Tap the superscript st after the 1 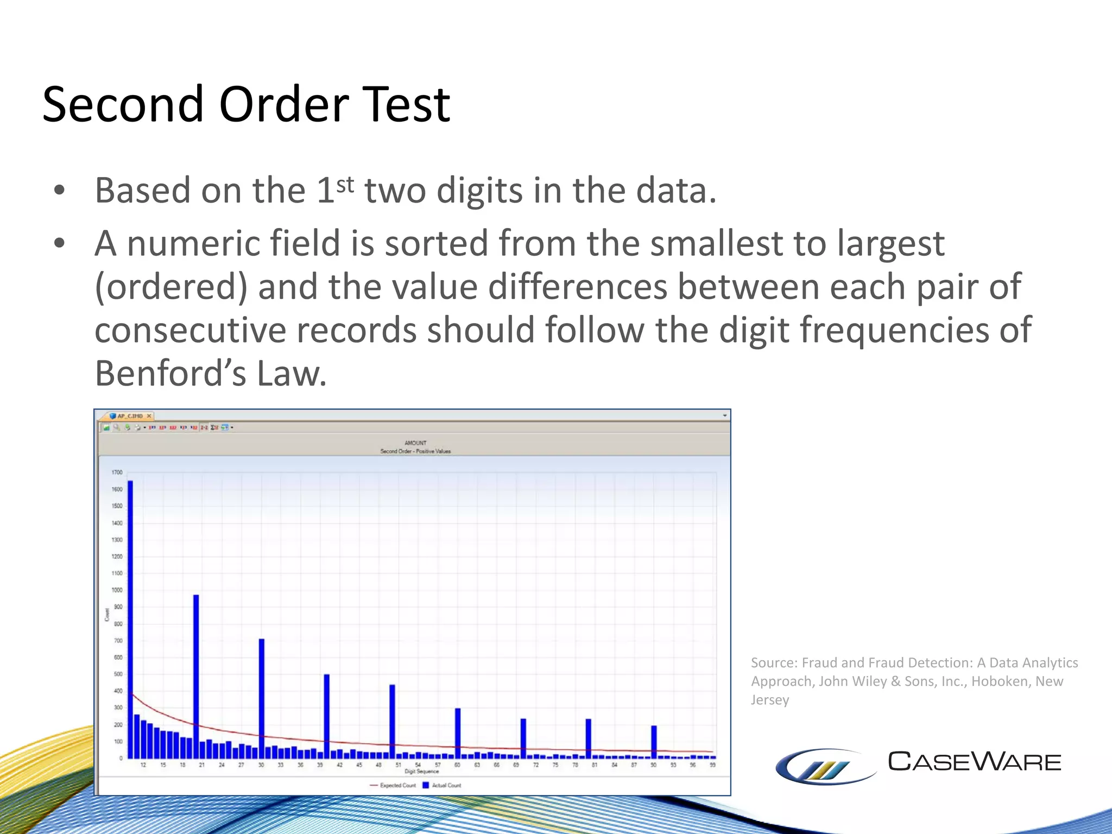pos(345,185)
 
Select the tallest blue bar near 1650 pos(130,619)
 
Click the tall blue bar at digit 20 pos(196,676)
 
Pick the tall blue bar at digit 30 pos(262,698)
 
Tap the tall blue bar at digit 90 pos(654,741)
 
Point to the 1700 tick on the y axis pos(117,472)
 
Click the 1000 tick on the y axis pos(117,590)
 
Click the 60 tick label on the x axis pos(457,765)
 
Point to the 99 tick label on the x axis pos(712,765)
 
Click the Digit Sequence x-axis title pos(421,772)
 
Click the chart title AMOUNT pos(415,443)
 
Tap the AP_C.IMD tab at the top pos(130,416)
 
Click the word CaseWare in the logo pos(974,762)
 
